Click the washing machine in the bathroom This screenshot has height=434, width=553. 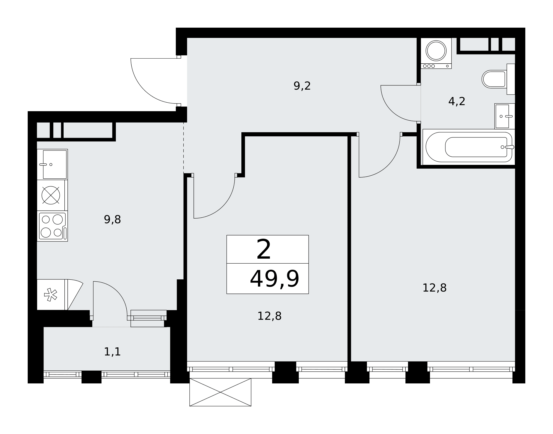pos(436,53)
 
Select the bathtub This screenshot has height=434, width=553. pos(469,147)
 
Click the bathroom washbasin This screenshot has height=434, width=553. pos(505,116)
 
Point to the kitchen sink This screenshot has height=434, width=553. pos(52,165)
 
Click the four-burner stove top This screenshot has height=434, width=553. pos(52,226)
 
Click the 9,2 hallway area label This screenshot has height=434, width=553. pos(302,86)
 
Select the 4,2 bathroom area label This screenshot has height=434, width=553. pos(457,102)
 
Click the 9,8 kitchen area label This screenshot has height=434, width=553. pos(112,220)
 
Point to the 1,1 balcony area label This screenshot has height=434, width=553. pos(112,352)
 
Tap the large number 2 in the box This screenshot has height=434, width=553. pos(264,250)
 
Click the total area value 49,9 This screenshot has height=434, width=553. pos(275,279)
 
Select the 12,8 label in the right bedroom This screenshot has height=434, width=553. pos(434,288)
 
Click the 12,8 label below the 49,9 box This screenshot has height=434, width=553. pos(269,316)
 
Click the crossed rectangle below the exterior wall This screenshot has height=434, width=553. pos(220,392)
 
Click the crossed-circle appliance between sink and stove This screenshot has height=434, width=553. pos(51,195)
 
